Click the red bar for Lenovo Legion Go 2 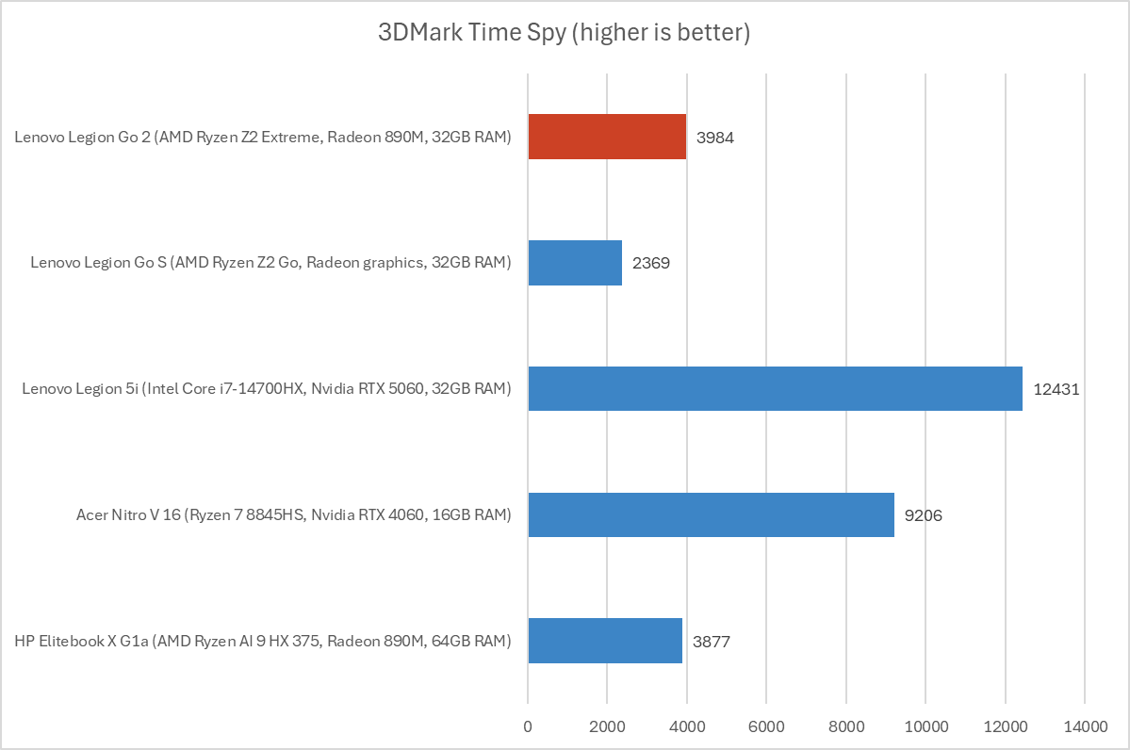tap(607, 137)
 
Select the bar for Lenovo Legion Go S tap(575, 263)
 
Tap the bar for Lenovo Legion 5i tap(775, 388)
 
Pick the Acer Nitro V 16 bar tap(711, 514)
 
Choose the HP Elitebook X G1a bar tap(605, 641)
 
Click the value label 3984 tap(715, 138)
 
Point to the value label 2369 tap(651, 263)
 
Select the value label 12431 tap(1056, 389)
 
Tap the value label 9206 tap(924, 515)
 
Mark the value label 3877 tap(712, 642)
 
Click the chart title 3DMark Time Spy tap(564, 33)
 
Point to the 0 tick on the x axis tap(528, 726)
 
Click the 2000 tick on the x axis tap(607, 726)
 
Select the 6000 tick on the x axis tap(766, 726)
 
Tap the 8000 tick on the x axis tap(845, 726)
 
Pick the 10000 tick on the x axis tap(925, 726)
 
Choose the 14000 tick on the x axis tap(1085, 726)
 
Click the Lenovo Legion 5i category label tap(267, 389)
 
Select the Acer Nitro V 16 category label tap(294, 515)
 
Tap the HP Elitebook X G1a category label tap(263, 642)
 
